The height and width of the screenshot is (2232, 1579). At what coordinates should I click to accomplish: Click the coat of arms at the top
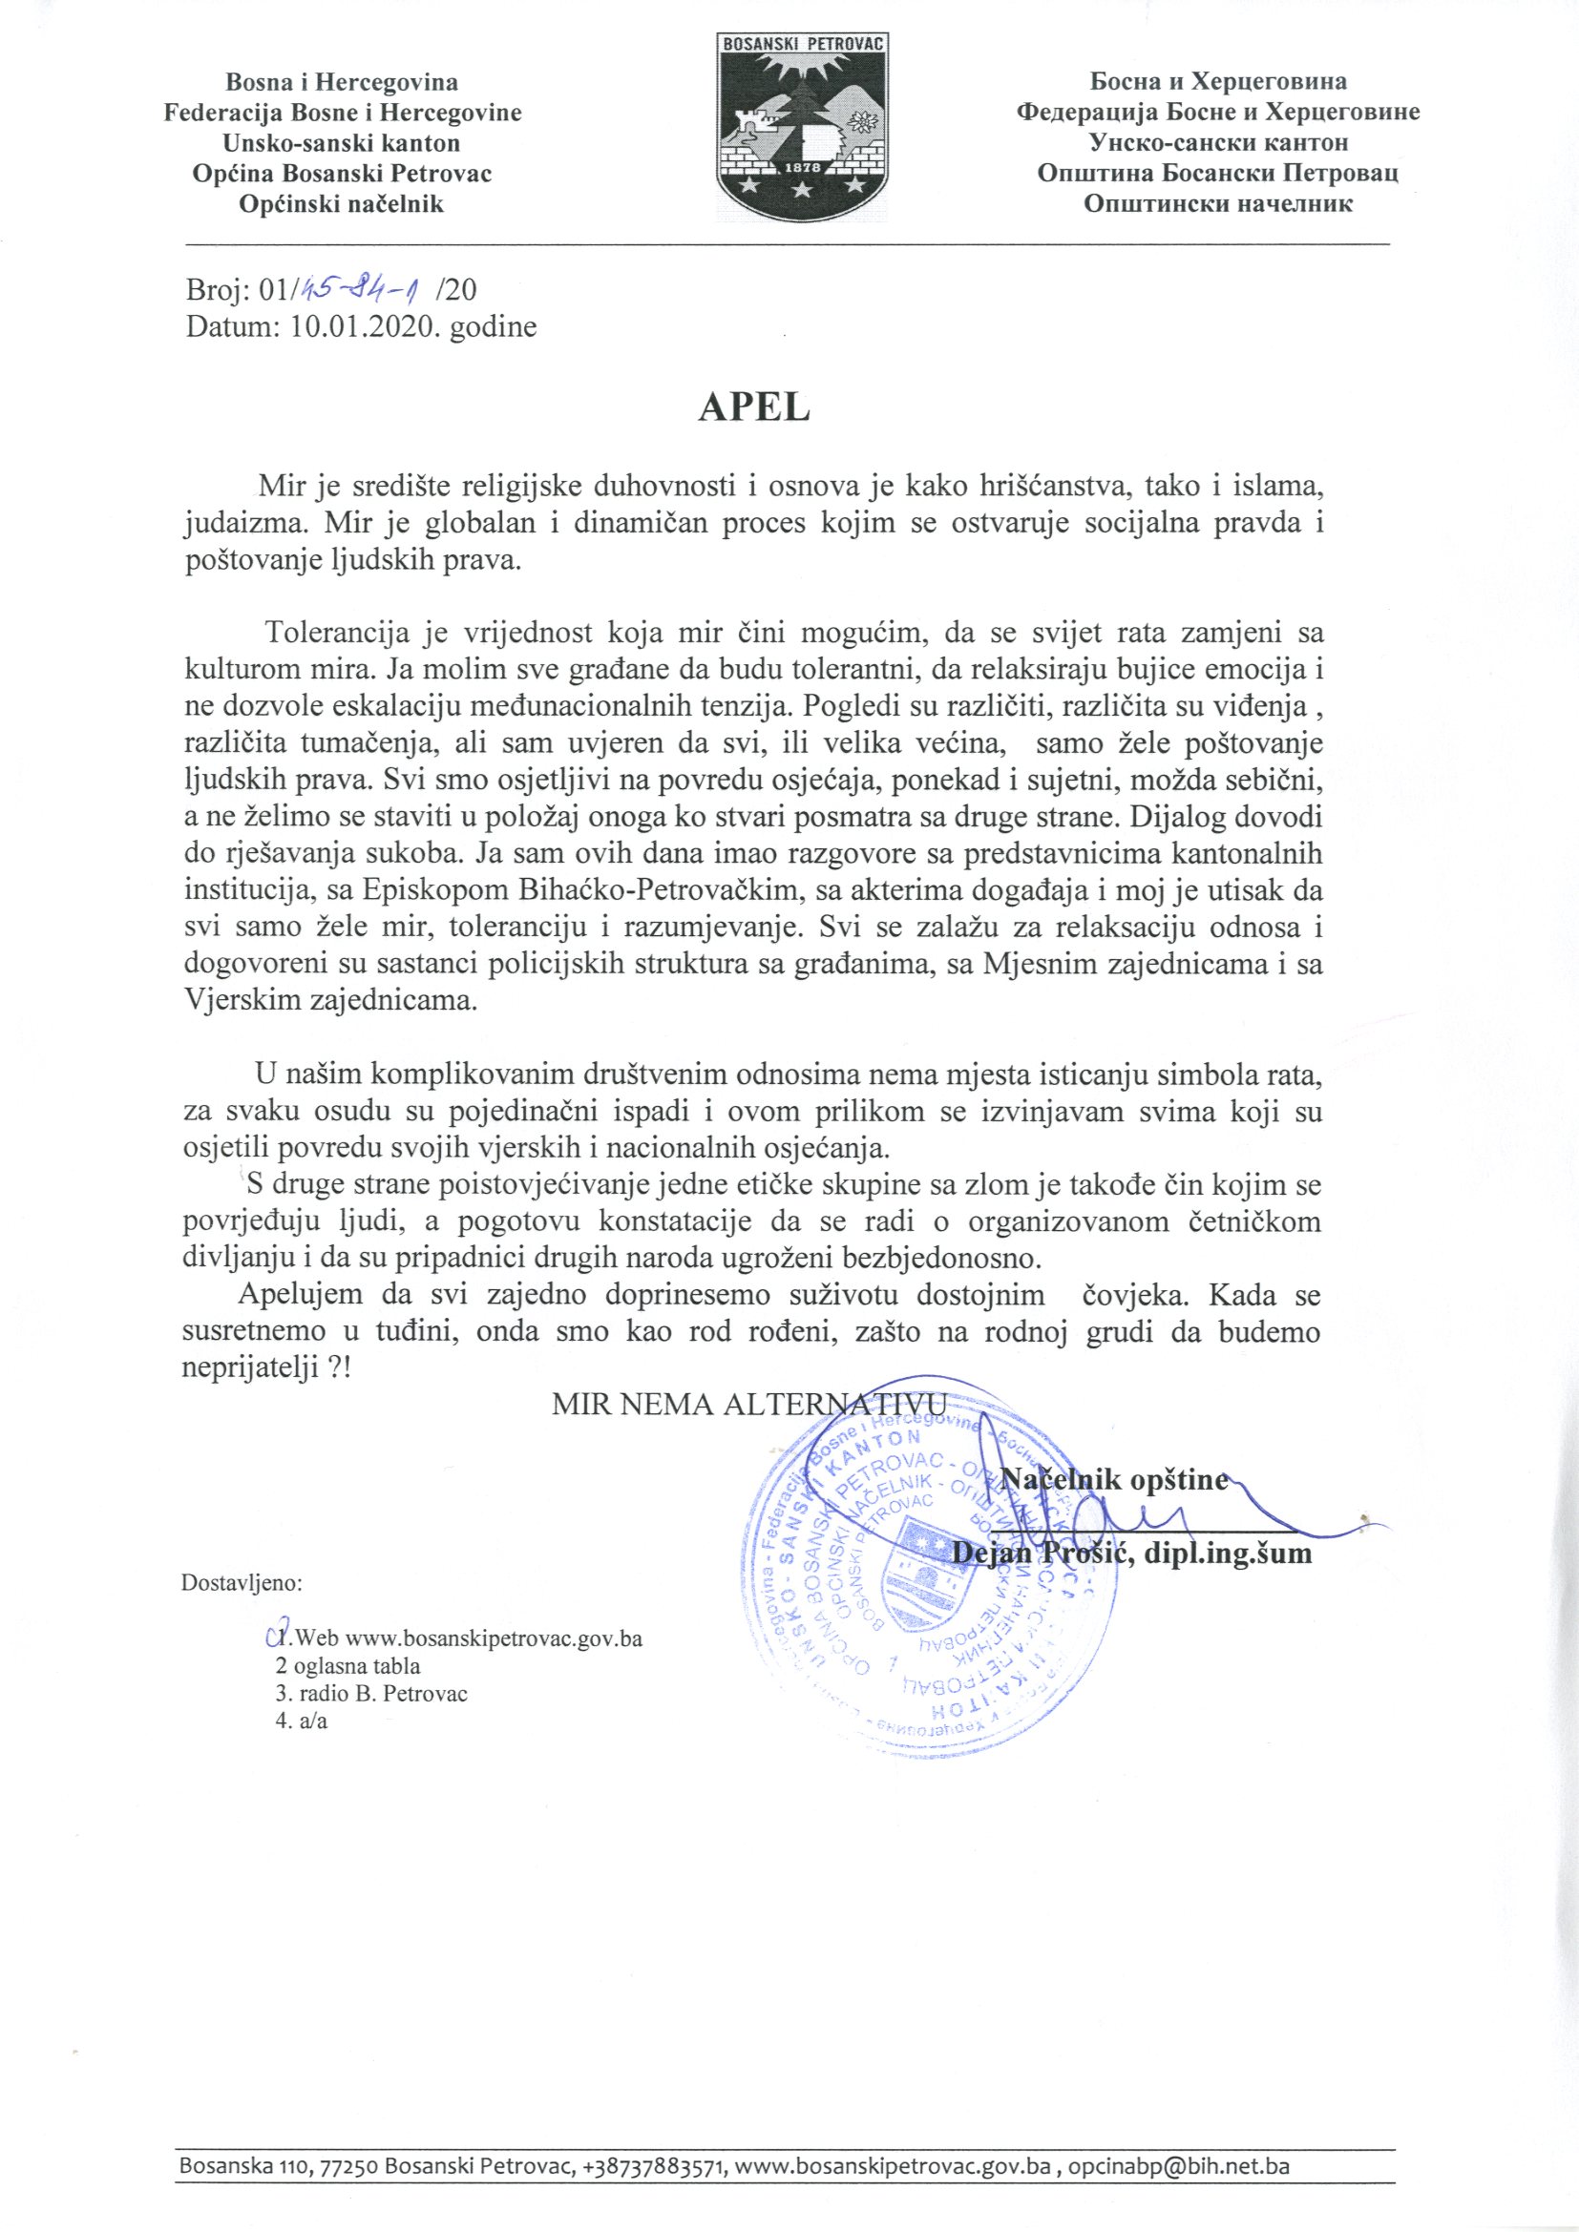[803, 120]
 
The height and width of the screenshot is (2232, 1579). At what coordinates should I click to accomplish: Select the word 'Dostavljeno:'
[243, 1581]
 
